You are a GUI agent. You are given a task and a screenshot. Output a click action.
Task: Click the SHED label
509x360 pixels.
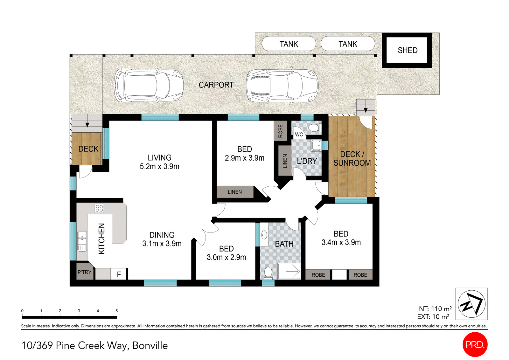(x=407, y=50)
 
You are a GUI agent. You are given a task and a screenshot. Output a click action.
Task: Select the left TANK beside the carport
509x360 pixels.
(x=289, y=44)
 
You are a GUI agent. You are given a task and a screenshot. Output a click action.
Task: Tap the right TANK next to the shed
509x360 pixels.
(x=348, y=44)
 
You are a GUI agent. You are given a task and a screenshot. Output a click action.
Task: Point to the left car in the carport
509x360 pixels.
(x=149, y=85)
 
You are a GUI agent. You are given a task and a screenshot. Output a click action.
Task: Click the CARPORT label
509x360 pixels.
(x=216, y=85)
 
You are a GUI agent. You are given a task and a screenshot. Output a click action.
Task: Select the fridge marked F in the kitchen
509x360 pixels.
(x=119, y=274)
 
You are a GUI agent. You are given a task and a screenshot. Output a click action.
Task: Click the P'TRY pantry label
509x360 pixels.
(x=84, y=272)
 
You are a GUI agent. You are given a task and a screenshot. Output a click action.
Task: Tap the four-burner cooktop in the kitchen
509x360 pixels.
(x=99, y=208)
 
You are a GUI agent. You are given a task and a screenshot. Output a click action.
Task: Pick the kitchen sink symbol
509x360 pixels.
(x=82, y=241)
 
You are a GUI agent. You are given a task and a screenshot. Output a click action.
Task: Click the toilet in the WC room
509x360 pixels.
(x=314, y=128)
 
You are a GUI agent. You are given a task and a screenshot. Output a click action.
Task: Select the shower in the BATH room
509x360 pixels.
(x=289, y=271)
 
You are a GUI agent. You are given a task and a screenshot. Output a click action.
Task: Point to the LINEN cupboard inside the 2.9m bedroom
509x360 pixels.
(x=235, y=192)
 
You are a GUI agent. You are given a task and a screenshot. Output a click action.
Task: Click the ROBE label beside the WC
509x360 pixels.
(x=280, y=131)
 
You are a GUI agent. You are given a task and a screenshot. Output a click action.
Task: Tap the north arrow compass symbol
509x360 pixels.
(x=471, y=304)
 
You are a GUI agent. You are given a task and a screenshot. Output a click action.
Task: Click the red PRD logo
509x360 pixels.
(x=475, y=344)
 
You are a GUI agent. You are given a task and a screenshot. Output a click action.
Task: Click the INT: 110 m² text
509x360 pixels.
(x=434, y=309)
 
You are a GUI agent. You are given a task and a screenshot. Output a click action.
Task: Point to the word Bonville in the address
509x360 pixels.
(x=150, y=345)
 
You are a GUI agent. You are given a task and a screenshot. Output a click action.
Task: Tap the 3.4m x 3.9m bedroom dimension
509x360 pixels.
(x=341, y=242)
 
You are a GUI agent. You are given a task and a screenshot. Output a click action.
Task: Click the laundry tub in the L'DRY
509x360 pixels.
(x=316, y=146)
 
